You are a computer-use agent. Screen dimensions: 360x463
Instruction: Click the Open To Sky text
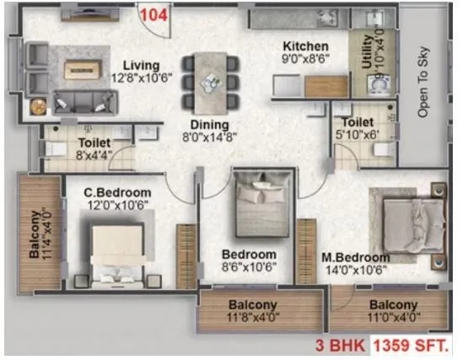(x=424, y=80)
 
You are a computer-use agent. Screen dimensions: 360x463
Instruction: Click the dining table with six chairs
(x=207, y=82)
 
